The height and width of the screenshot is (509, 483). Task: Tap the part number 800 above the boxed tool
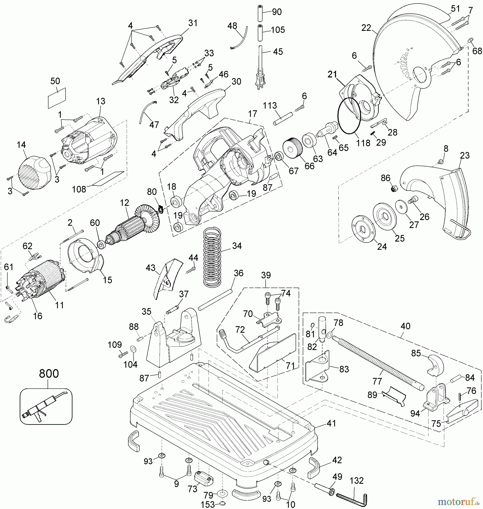pos(49,374)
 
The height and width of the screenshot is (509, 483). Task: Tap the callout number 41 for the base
pos(331,423)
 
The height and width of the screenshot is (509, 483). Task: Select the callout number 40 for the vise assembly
pos(405,326)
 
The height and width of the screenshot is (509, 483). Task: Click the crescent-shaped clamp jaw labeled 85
pos(434,365)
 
